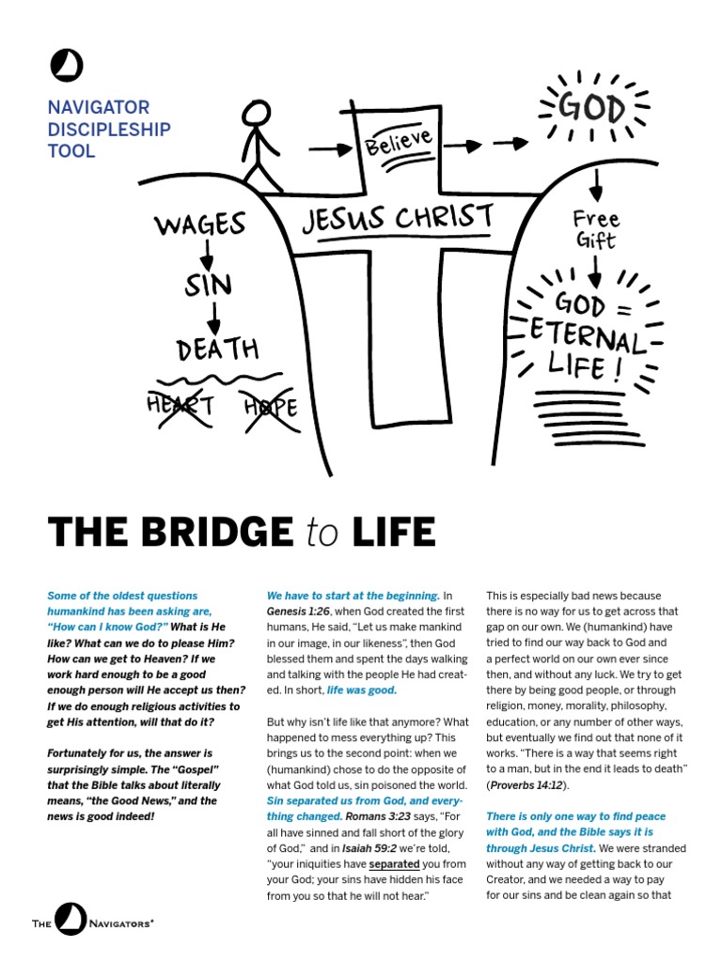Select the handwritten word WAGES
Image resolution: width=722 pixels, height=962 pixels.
tap(200, 225)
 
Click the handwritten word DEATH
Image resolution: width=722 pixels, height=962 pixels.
tap(217, 349)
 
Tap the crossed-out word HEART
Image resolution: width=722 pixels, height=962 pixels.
tap(180, 406)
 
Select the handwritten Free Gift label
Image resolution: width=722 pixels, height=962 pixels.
tap(596, 229)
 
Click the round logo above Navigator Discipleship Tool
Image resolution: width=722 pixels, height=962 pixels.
tap(67, 67)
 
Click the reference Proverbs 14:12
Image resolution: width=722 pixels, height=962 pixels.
tap(526, 784)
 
